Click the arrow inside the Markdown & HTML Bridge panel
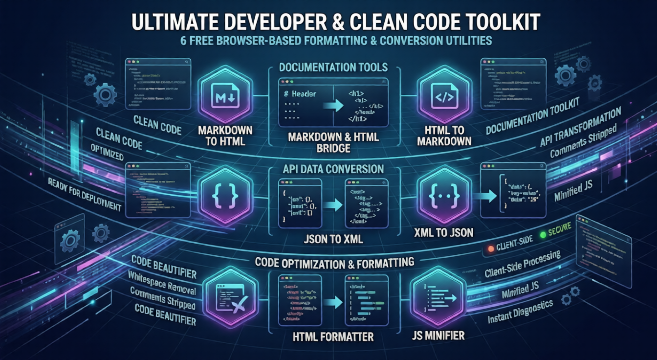(x=332, y=105)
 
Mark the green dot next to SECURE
(x=542, y=235)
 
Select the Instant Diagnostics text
(x=520, y=312)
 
